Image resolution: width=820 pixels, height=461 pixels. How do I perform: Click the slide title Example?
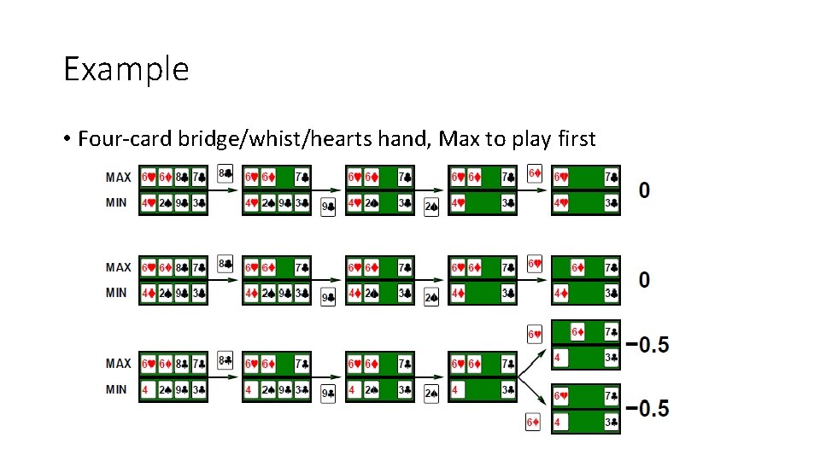pyautogui.click(x=126, y=68)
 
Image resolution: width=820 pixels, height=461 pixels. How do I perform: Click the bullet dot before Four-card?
pyautogui.click(x=66, y=139)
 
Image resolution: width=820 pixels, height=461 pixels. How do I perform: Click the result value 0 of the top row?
pyautogui.click(x=644, y=190)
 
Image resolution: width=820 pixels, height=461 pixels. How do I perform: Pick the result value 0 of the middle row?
pyautogui.click(x=644, y=279)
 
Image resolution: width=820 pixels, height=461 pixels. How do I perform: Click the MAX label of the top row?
pyautogui.click(x=119, y=178)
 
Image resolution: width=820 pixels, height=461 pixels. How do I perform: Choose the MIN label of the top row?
pyautogui.click(x=117, y=202)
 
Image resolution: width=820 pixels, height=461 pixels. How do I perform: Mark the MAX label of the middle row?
pyautogui.click(x=119, y=267)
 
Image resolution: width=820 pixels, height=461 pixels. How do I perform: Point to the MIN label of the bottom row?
pyautogui.click(x=117, y=389)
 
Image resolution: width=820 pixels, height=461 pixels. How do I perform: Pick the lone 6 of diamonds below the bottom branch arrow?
pyautogui.click(x=533, y=423)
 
